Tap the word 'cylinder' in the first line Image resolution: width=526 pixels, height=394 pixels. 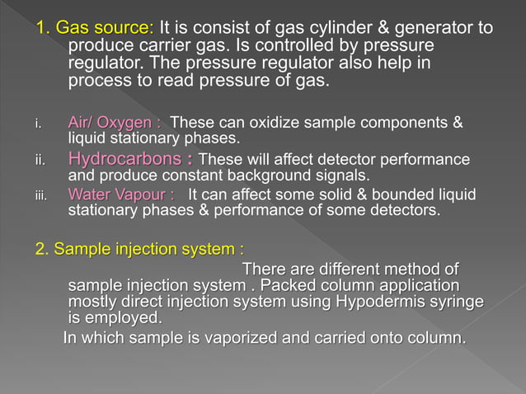[319, 29]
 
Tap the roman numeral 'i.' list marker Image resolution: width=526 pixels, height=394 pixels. [38, 125]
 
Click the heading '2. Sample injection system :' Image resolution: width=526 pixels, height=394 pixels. [139, 249]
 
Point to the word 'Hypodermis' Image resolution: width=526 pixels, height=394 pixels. [376, 302]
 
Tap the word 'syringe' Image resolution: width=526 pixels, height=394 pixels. [452, 302]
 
